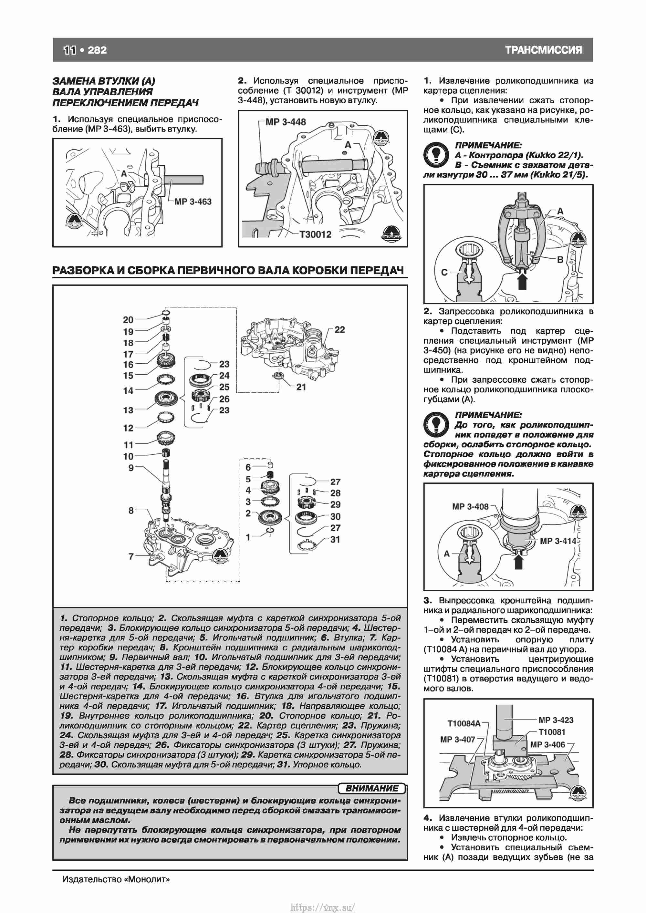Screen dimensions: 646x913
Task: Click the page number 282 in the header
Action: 97,50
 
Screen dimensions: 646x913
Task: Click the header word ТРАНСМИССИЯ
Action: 543,50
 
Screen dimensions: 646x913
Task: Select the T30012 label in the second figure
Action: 316,234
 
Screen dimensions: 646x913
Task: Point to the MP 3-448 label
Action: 286,122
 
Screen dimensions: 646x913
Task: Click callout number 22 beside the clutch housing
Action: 340,330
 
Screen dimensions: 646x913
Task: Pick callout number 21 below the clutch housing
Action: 301,387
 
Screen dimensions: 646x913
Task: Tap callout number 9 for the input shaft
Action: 131,468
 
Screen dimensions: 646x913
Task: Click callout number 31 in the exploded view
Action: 335,540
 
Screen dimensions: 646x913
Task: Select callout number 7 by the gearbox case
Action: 131,556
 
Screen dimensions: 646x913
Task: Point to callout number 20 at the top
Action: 128,320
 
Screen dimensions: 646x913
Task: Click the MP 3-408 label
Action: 470,507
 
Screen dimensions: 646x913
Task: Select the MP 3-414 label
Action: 558,541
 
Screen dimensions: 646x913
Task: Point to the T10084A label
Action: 464,723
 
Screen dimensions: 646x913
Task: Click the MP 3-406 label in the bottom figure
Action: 547,744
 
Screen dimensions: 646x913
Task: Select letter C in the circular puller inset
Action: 444,272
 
